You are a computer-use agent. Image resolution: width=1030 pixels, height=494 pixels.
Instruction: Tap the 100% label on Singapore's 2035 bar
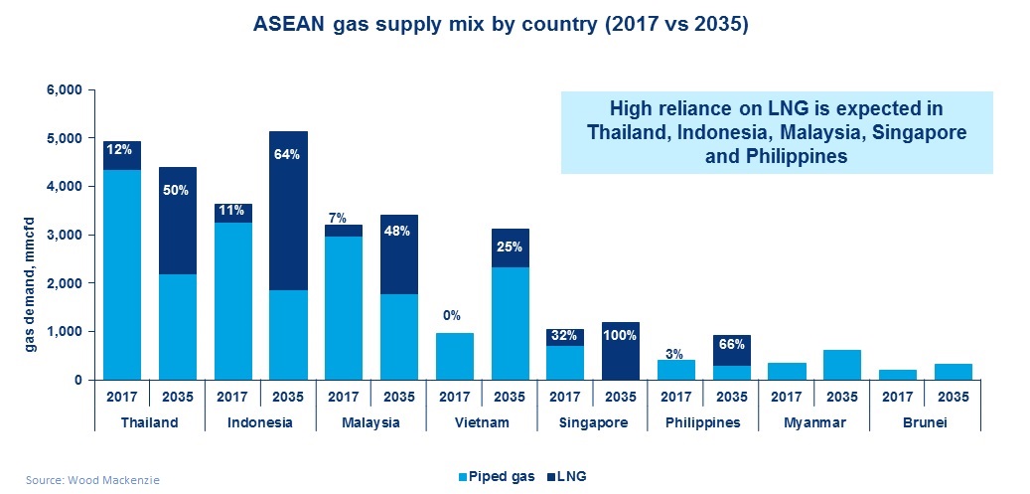[x=620, y=335]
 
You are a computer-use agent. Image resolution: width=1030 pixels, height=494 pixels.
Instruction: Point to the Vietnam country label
[x=481, y=421]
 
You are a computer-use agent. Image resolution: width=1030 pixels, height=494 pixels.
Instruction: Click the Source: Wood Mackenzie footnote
[x=84, y=478]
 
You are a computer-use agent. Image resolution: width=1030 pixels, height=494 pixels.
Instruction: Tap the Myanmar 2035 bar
[x=841, y=365]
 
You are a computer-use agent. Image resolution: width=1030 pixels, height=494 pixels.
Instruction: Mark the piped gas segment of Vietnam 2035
[x=510, y=323]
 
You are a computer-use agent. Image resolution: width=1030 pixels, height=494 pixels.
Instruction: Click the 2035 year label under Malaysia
[x=398, y=395]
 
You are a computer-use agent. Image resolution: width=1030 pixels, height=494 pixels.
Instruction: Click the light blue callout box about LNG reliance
[x=776, y=132]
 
